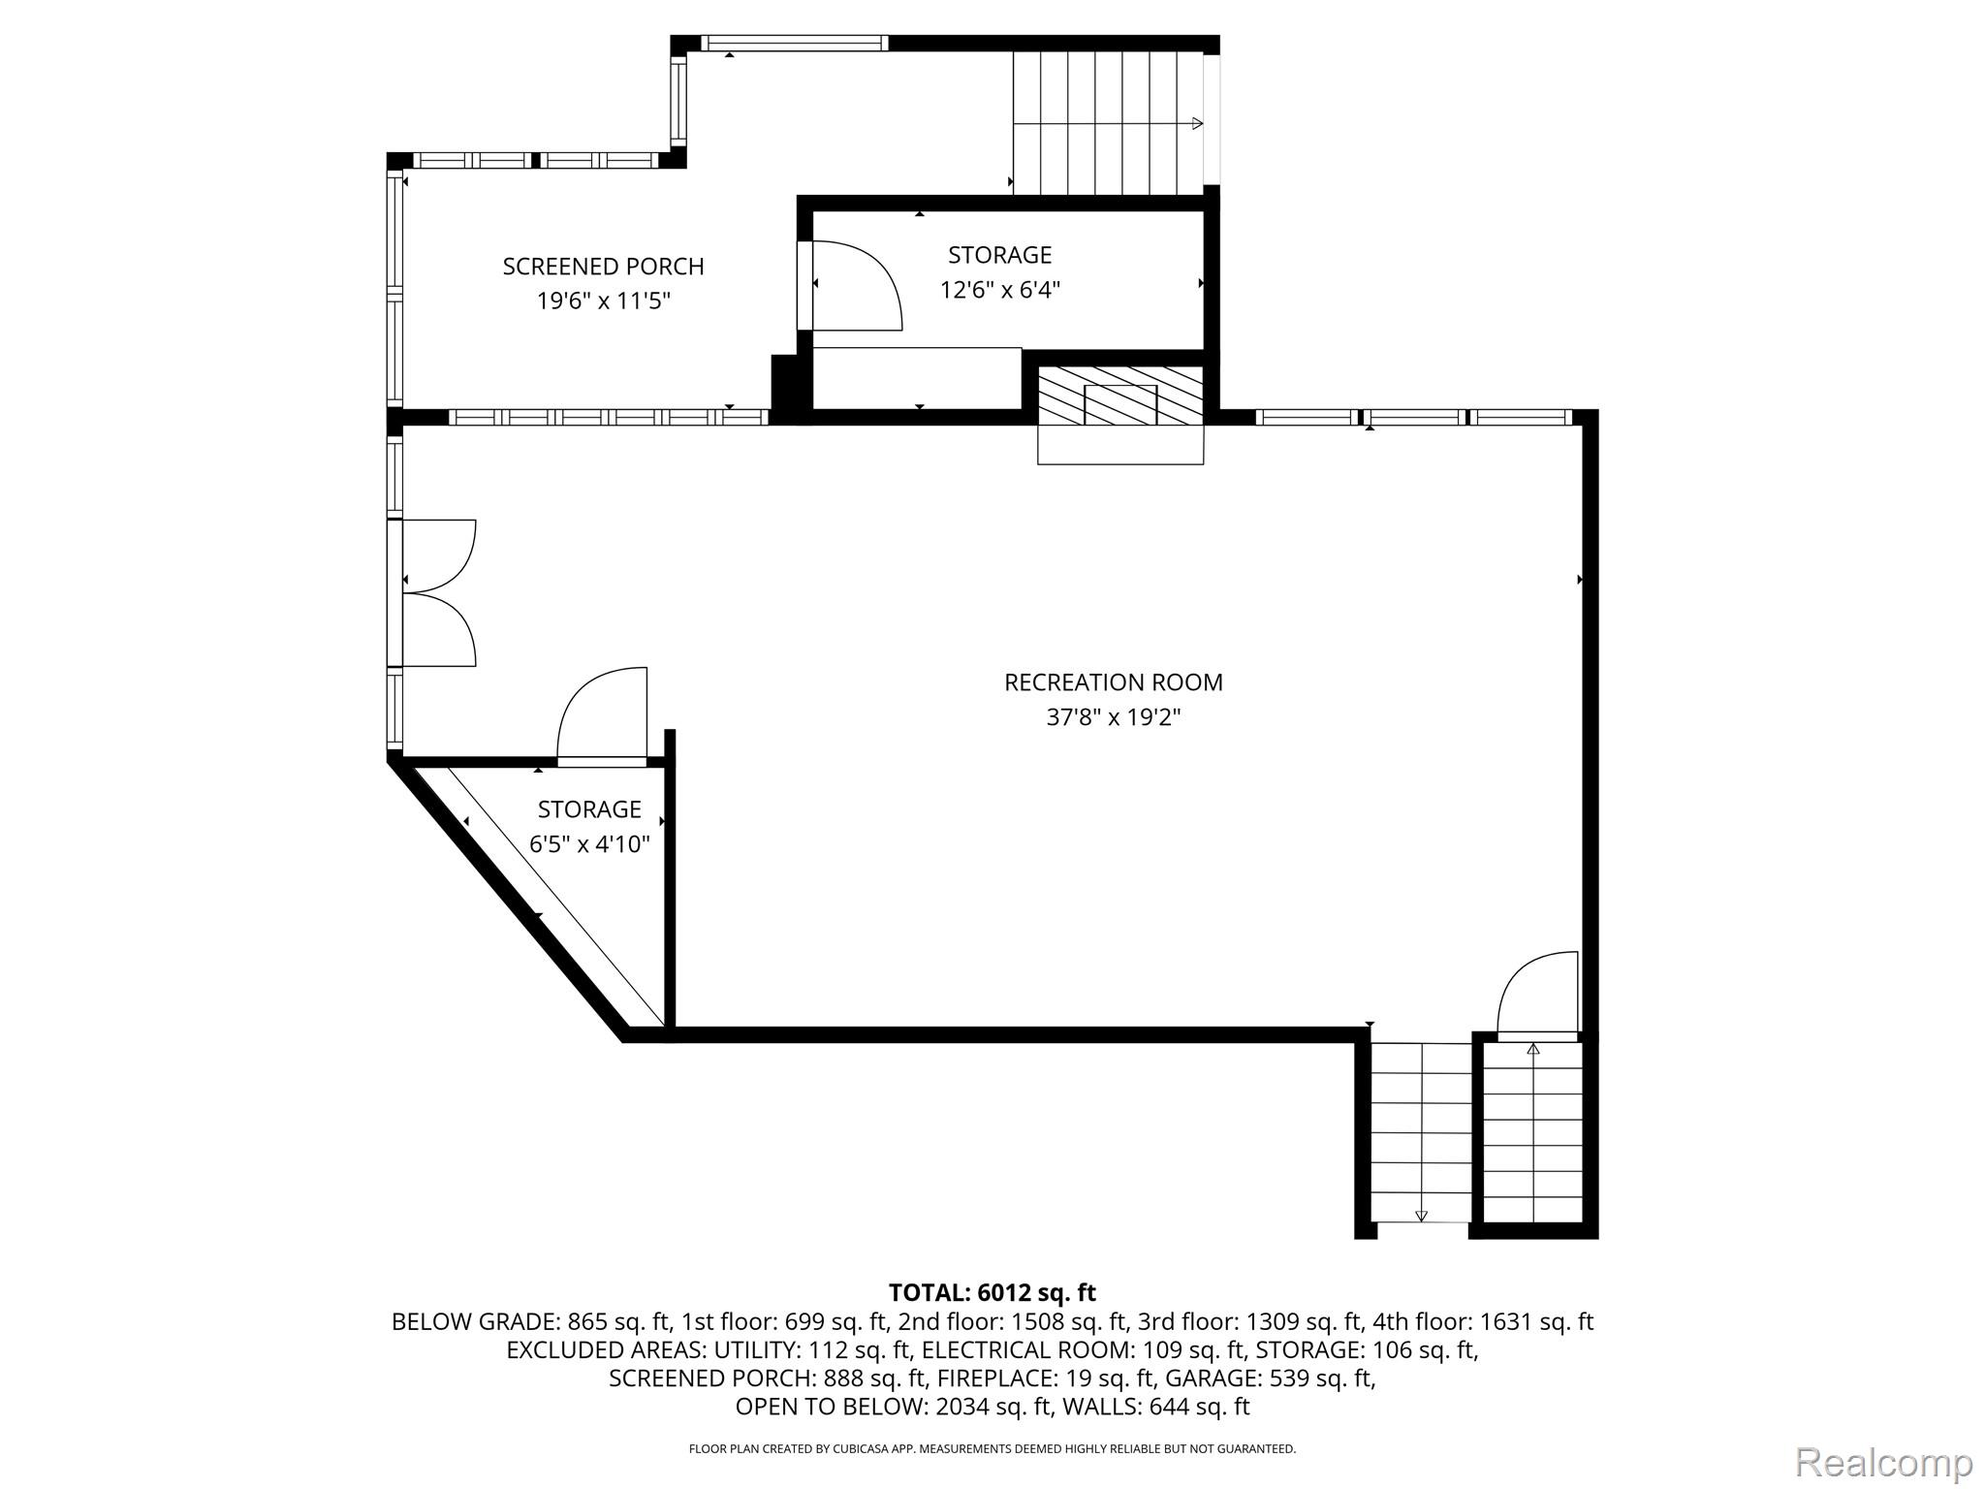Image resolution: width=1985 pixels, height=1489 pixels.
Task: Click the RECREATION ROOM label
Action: [x=1113, y=682]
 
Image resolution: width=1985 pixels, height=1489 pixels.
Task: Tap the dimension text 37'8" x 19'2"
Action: [x=1113, y=717]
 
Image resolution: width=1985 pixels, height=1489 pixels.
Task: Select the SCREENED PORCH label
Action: [x=603, y=267]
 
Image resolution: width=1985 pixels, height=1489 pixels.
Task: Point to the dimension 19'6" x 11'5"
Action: [x=603, y=301]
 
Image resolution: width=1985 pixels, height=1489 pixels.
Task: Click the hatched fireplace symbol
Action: [x=1120, y=395]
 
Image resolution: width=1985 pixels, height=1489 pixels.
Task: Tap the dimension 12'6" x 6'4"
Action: [x=999, y=290]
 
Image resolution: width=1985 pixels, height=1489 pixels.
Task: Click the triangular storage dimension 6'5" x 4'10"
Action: [x=589, y=844]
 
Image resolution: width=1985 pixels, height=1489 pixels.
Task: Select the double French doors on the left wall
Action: [x=436, y=593]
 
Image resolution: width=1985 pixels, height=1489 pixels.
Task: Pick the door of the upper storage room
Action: [x=853, y=286]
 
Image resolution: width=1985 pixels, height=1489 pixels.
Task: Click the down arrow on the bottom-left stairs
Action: [x=1422, y=1215]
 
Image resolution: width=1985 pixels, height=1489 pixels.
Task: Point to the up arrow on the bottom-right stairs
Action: [x=1533, y=1049]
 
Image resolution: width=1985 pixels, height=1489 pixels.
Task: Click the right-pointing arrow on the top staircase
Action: [x=1197, y=123]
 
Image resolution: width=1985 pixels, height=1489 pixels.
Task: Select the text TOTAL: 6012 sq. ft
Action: [x=992, y=1292]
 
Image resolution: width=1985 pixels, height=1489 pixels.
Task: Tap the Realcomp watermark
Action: [x=1883, y=1462]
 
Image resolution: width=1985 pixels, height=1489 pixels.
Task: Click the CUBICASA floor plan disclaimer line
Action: [x=992, y=1449]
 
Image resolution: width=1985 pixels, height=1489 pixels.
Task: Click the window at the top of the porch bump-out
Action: [x=794, y=43]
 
